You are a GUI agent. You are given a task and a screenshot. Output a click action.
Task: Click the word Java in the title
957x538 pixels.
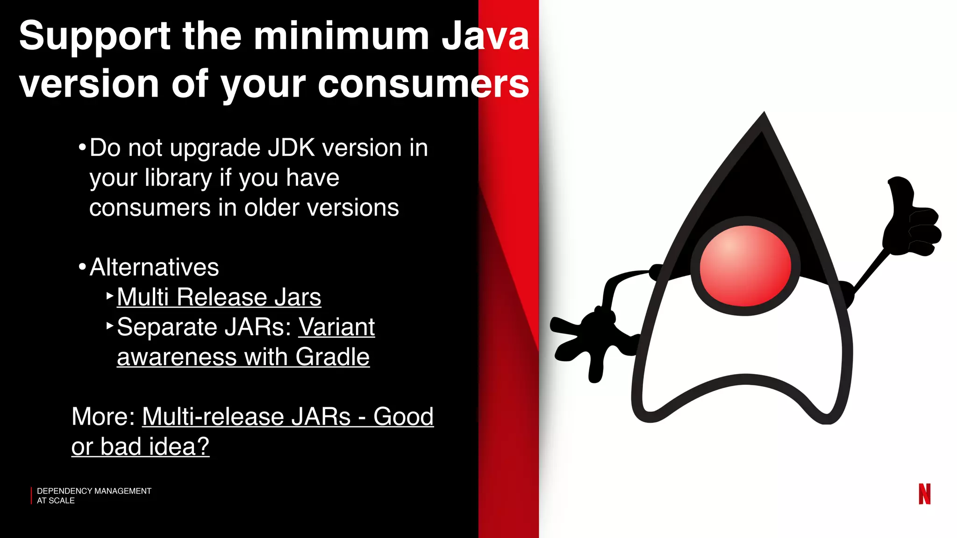[485, 36]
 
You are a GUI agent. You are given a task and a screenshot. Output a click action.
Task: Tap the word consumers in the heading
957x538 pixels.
[423, 84]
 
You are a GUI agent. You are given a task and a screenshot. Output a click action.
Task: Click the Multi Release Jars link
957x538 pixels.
[219, 297]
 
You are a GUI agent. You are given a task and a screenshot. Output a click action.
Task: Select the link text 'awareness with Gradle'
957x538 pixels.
[243, 357]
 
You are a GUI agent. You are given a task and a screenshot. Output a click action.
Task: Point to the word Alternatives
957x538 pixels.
[154, 268]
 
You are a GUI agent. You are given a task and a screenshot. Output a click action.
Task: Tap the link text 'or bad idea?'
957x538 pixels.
[140, 446]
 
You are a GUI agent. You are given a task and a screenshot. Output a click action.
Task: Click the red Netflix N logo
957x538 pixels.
[924, 494]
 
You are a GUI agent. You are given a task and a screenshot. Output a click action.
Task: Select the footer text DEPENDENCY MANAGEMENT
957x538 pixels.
[94, 491]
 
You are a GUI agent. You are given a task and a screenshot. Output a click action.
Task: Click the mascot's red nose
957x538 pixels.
[745, 266]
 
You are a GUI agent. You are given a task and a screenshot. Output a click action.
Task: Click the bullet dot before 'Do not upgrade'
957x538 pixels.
[82, 148]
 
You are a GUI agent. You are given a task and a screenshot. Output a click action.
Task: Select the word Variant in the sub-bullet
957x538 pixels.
[336, 327]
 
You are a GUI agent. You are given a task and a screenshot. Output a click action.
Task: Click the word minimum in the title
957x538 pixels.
[341, 36]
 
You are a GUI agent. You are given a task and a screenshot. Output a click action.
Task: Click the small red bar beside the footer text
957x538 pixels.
[31, 496]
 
